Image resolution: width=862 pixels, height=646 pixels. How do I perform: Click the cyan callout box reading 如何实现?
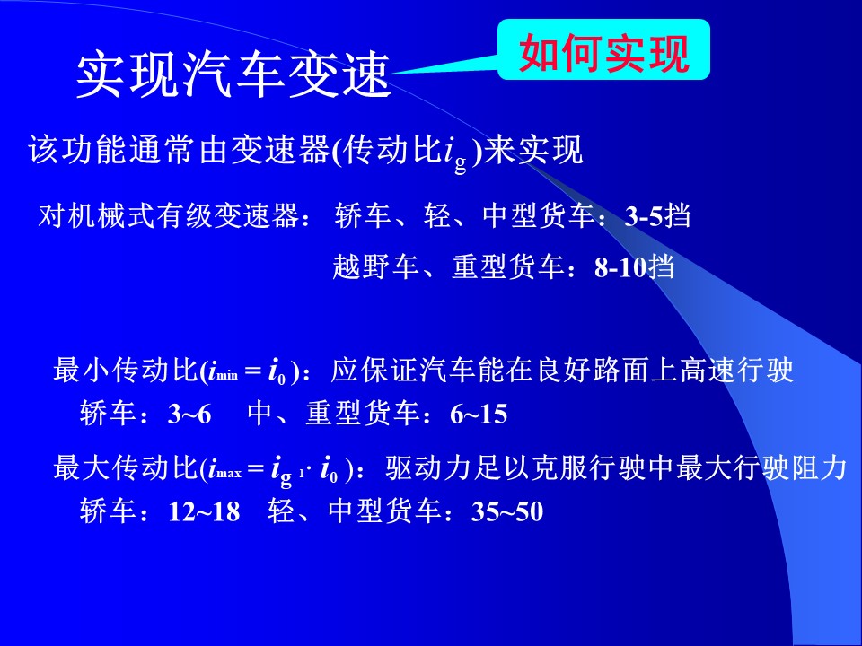tap(603, 49)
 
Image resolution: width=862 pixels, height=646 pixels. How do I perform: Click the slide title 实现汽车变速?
tap(233, 74)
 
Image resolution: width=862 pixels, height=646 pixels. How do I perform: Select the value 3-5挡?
tap(657, 216)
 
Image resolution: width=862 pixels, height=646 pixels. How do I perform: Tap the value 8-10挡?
tap(635, 267)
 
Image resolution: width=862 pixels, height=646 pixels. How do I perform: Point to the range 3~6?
tap(189, 414)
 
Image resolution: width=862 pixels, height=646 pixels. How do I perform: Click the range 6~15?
tap(479, 414)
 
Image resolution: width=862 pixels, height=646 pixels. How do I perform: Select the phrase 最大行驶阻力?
tap(761, 468)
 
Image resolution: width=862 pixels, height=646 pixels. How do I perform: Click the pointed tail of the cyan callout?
tap(391, 73)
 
